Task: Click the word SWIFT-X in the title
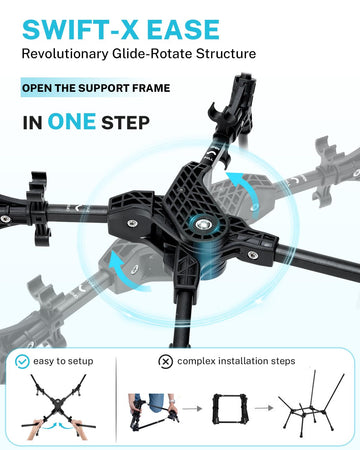click(x=80, y=30)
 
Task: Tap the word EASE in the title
click(x=183, y=30)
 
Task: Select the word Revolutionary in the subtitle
click(x=65, y=54)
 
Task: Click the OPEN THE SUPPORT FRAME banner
click(x=96, y=88)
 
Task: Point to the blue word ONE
click(x=72, y=121)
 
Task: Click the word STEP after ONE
click(x=125, y=123)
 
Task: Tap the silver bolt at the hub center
click(x=202, y=225)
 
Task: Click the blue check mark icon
click(x=22, y=361)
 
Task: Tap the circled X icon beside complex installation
click(x=165, y=361)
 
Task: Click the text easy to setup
click(x=63, y=361)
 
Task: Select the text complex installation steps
click(x=236, y=361)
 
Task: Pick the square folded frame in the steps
click(x=230, y=409)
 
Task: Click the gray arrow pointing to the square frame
click(x=193, y=408)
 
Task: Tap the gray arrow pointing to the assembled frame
click(x=264, y=408)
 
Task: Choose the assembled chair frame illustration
click(x=311, y=401)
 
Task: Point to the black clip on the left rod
click(x=39, y=209)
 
